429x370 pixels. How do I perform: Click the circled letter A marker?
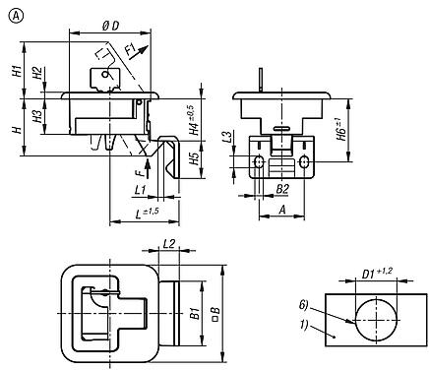click(16, 16)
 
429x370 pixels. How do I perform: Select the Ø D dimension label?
click(110, 27)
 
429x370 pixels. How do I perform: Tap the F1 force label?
click(131, 51)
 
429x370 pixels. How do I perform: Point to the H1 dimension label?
click(18, 71)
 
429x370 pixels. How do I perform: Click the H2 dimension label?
click(37, 73)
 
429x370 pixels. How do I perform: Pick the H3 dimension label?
click(37, 117)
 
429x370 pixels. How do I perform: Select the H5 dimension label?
click(195, 159)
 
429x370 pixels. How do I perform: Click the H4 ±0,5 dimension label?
click(195, 120)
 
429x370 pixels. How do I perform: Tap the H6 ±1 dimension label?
click(341, 129)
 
